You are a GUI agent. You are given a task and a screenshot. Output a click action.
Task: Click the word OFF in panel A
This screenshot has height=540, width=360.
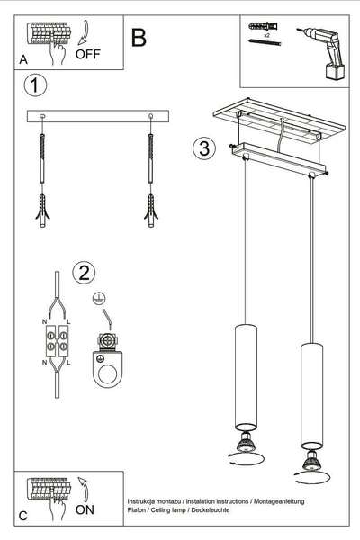click(x=88, y=54)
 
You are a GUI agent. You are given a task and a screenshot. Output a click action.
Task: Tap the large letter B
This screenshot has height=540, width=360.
click(x=139, y=37)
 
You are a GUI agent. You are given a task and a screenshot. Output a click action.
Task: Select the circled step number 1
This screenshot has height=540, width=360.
click(x=34, y=86)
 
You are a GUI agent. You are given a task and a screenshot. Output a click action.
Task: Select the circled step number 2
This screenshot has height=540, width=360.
click(x=83, y=273)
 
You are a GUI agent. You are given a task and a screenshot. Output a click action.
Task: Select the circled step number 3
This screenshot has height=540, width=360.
click(x=204, y=148)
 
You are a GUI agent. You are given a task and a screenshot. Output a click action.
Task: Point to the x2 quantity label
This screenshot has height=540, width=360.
click(x=267, y=33)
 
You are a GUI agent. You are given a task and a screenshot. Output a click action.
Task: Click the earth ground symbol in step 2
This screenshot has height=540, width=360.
click(x=95, y=296)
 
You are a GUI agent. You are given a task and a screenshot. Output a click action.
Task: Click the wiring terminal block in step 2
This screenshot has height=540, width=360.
click(x=56, y=342)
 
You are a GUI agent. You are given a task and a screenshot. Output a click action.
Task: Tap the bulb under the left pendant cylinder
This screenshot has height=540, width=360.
click(x=245, y=442)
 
